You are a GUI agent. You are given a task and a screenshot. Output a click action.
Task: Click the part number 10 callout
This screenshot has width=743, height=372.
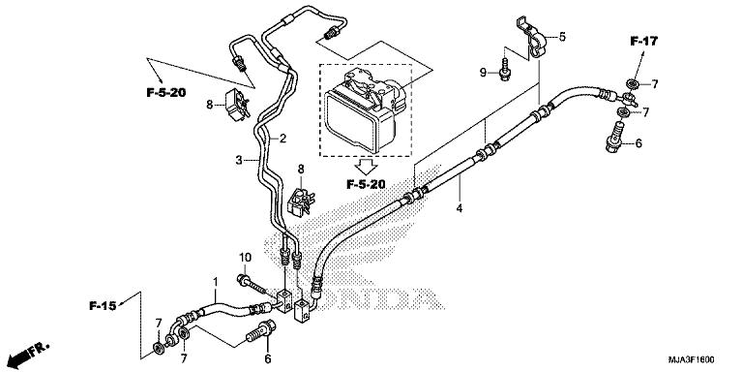coord(245,258)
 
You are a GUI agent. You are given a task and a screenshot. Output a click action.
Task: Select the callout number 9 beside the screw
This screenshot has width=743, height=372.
coord(483,72)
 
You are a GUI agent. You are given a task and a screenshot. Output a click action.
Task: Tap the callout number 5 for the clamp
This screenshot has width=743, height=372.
coord(562,37)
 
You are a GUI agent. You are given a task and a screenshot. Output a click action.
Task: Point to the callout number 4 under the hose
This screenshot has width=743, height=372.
coord(460,207)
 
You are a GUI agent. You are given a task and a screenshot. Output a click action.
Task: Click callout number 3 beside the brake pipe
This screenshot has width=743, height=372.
coord(239,161)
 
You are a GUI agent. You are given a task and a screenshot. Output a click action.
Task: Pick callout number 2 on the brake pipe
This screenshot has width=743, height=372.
coord(282,139)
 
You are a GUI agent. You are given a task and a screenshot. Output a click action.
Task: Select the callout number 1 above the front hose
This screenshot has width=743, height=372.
coord(215,282)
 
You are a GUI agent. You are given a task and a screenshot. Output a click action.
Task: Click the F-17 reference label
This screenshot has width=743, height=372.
coord(644,42)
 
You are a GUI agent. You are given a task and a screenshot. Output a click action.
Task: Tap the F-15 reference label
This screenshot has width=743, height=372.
coord(103,306)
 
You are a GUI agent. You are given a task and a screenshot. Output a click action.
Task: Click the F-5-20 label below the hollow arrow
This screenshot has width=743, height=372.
coord(366,184)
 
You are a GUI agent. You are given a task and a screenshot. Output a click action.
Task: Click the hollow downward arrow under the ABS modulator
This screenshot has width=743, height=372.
coord(366,166)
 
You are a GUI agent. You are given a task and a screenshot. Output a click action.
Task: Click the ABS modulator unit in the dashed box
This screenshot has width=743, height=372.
coord(366,110)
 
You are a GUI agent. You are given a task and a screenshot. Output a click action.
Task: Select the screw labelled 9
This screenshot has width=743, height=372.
coord(505,69)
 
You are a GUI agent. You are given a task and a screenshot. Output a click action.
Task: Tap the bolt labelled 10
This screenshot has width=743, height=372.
coord(254,285)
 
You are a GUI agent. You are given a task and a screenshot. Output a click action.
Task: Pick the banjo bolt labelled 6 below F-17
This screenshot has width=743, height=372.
coord(614,136)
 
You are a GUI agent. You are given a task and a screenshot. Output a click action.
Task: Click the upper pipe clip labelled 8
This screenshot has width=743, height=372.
coord(237,105)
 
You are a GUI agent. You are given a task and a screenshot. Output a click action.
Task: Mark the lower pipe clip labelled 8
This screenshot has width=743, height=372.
coord(301,201)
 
